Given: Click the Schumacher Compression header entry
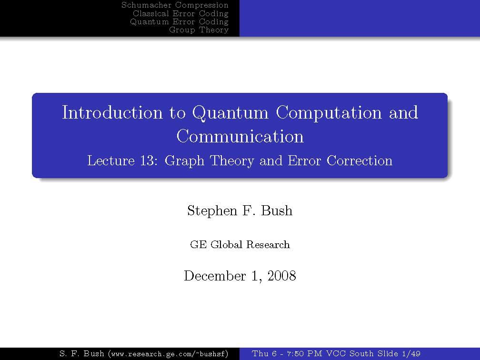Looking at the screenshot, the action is point(175,5).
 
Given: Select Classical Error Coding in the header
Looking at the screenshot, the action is point(180,13).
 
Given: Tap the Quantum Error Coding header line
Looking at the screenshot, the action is point(180,22).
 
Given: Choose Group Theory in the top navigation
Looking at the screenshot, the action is point(199,30).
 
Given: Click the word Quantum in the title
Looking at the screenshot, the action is point(230,113).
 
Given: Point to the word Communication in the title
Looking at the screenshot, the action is point(240,136).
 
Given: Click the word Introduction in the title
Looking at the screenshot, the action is point(112,112).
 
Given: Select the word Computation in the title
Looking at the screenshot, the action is point(329,113).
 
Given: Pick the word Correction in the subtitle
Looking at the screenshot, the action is point(360,161).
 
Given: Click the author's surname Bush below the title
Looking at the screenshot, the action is point(277,210).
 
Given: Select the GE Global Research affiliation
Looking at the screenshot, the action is point(240,245).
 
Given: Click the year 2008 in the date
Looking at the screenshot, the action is point(281,276).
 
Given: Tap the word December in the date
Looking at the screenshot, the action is point(215,276).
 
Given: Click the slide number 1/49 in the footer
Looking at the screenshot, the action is point(411,354).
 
